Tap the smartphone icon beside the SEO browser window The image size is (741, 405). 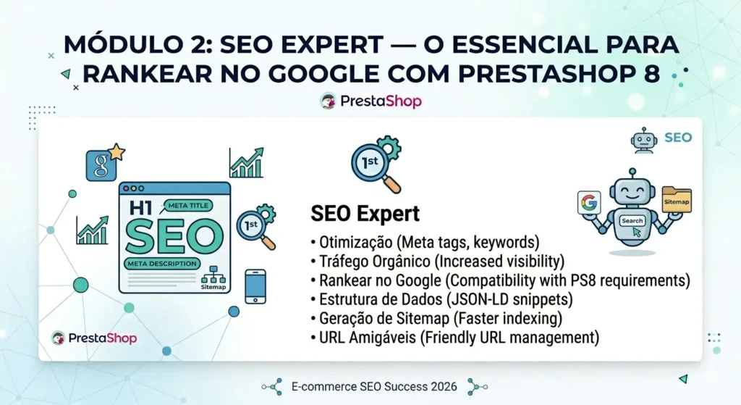pyautogui.click(x=255, y=286)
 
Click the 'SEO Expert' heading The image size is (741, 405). pyautogui.click(x=365, y=214)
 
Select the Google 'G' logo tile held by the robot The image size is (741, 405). pyautogui.click(x=589, y=202)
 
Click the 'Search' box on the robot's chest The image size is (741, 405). pyautogui.click(x=632, y=220)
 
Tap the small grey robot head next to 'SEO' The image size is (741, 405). pyautogui.click(x=643, y=140)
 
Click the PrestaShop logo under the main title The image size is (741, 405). pyautogui.click(x=370, y=101)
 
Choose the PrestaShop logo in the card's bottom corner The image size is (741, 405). pyautogui.click(x=94, y=338)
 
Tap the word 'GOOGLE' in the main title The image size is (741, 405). pyautogui.click(x=329, y=74)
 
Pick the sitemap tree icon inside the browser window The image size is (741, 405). pyautogui.click(x=213, y=275)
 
